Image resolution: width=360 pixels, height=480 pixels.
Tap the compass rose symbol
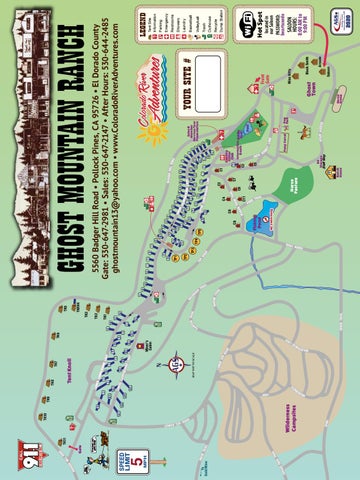click(x=174, y=362)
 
